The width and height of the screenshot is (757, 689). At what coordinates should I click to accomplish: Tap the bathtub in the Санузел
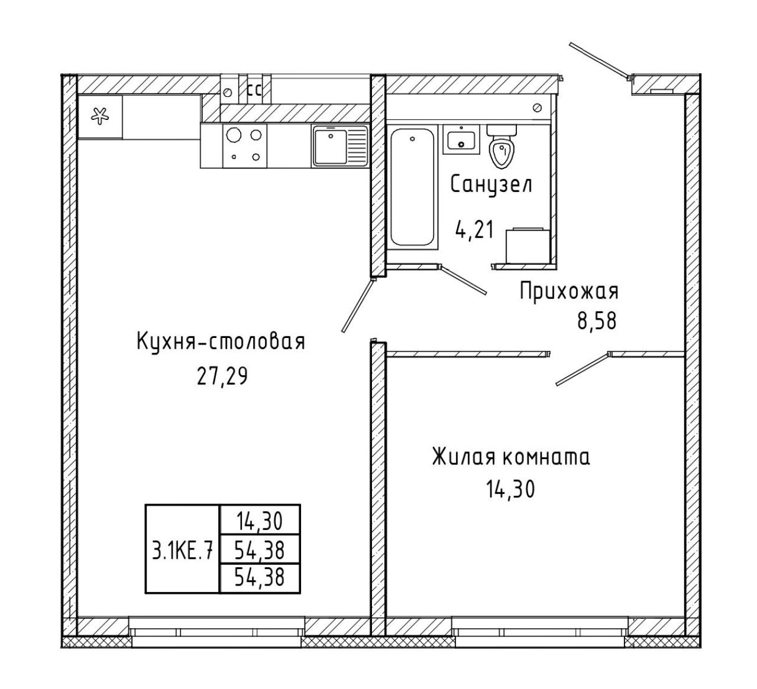click(x=412, y=187)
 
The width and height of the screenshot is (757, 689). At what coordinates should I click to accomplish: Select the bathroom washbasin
click(x=461, y=140)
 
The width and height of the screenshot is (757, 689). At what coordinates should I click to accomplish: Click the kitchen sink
click(x=339, y=146)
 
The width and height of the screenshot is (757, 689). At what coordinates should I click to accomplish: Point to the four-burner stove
click(x=244, y=146)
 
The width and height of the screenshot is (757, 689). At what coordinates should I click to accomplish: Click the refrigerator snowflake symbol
click(x=100, y=116)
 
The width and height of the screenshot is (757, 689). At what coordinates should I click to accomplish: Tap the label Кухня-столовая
click(x=221, y=342)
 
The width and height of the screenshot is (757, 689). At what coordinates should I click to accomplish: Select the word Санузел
click(x=491, y=185)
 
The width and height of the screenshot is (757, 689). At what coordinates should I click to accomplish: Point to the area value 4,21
click(x=475, y=230)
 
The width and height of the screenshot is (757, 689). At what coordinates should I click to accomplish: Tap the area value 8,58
click(x=597, y=321)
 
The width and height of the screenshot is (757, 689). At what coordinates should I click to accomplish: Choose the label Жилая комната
click(x=511, y=457)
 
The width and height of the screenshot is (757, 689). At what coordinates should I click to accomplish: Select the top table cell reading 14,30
click(x=260, y=522)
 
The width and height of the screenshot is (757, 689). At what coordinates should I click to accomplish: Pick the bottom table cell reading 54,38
click(x=260, y=578)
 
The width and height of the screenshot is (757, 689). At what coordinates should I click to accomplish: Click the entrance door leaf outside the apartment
click(x=600, y=62)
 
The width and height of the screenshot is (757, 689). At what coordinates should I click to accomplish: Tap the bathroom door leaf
click(x=463, y=279)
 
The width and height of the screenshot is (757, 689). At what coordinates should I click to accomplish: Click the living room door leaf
click(x=583, y=369)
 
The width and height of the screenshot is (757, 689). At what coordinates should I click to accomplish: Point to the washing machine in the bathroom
click(x=527, y=245)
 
